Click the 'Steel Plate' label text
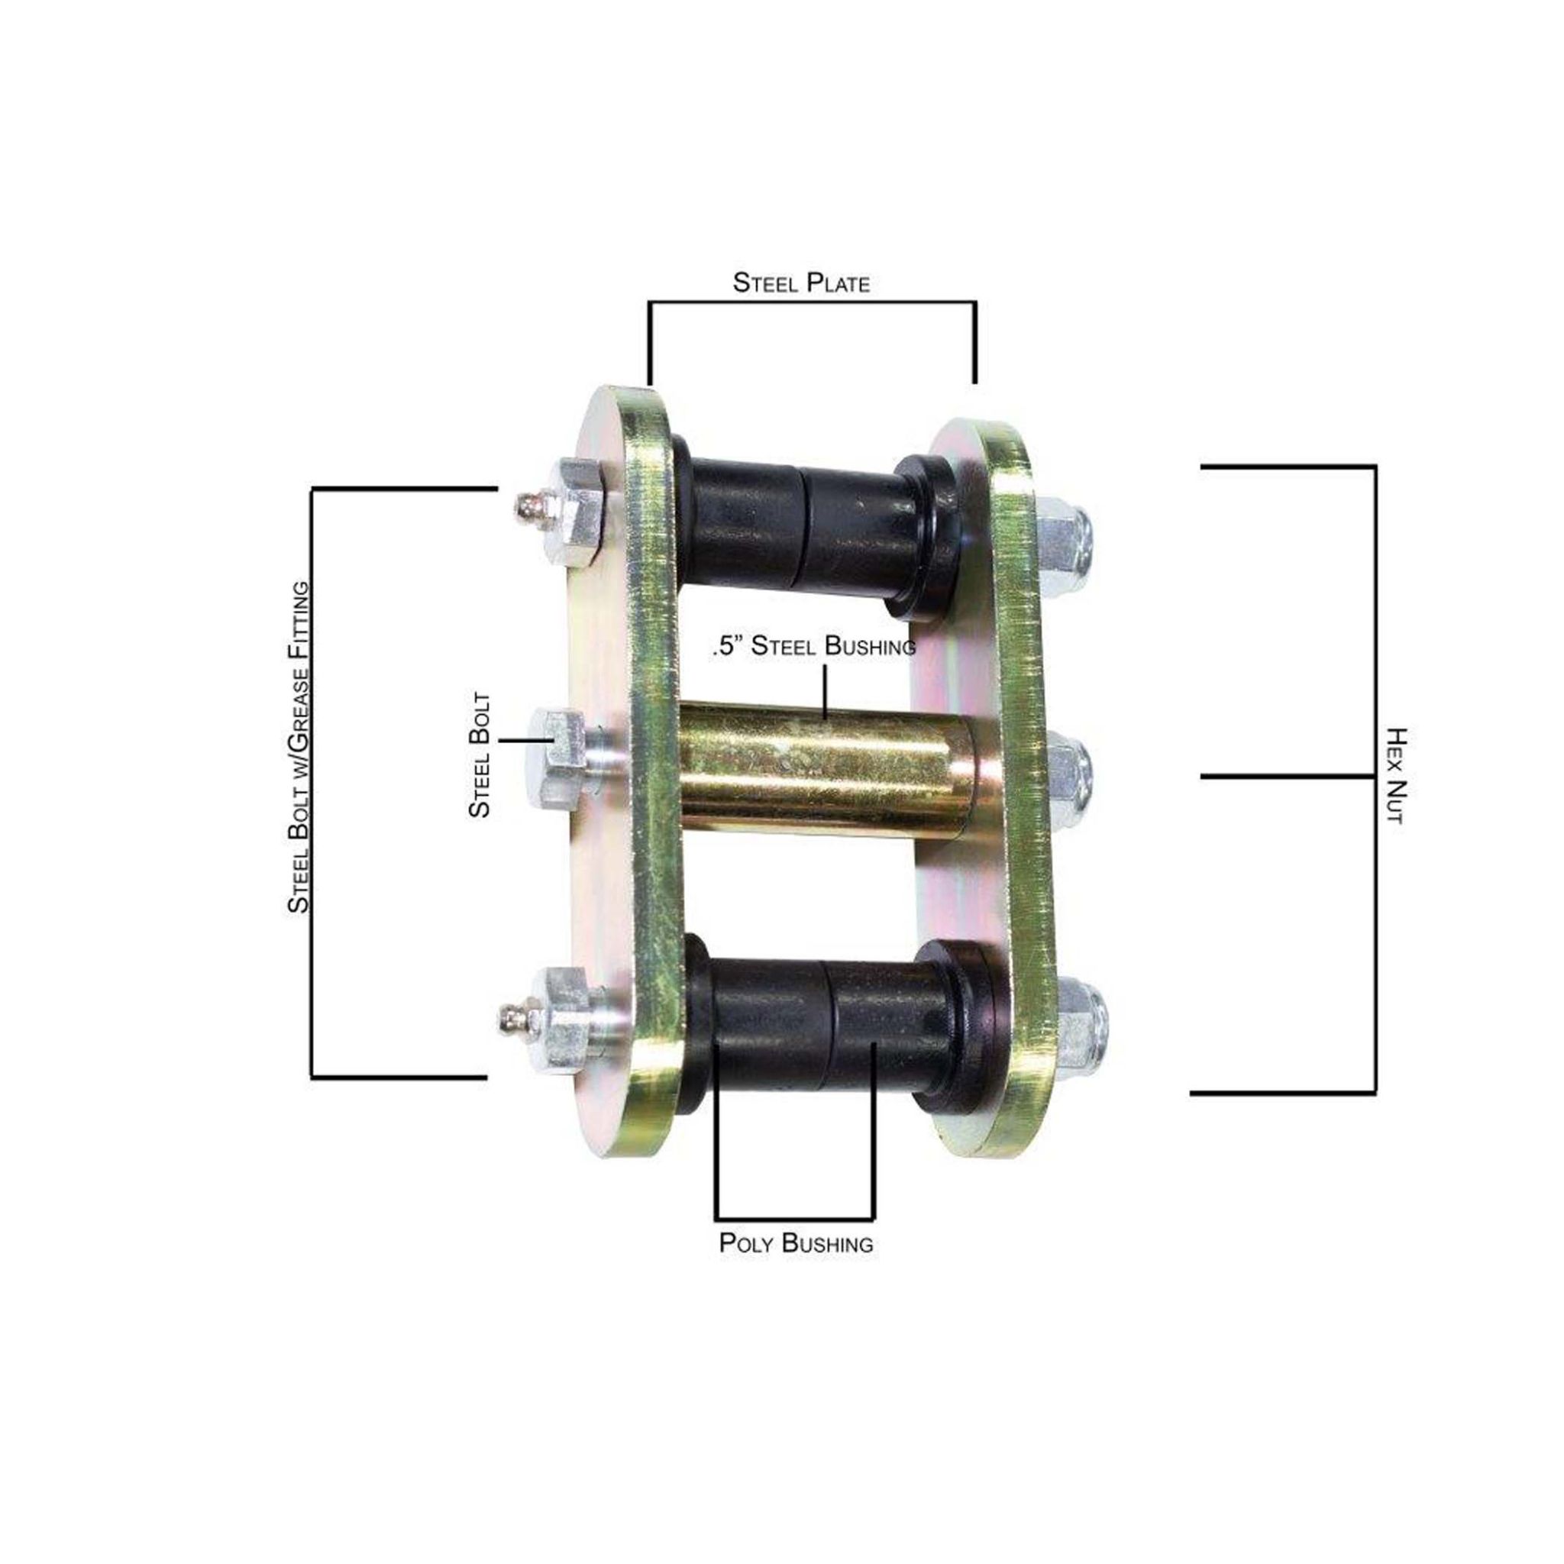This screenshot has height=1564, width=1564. tap(800, 283)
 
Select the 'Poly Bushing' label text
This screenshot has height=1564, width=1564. tap(796, 1265)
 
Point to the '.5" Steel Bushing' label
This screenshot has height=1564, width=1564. tap(813, 646)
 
